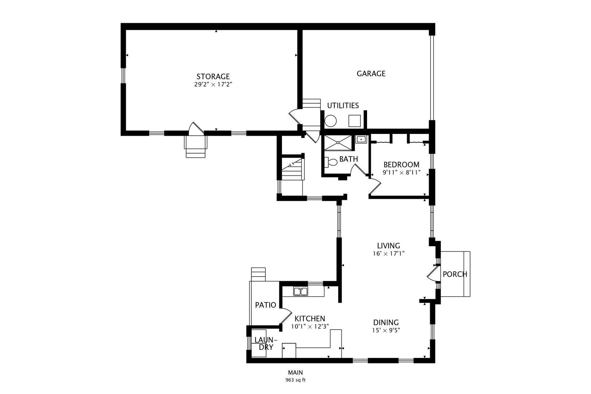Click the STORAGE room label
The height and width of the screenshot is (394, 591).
[213, 77]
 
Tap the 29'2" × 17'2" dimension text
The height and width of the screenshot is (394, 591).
[213, 85]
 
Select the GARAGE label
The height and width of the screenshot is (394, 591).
[371, 74]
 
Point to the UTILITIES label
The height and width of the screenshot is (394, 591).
[343, 106]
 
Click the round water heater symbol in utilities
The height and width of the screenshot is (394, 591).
[331, 121]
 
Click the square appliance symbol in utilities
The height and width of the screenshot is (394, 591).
[354, 120]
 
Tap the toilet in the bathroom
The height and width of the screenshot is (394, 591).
[331, 162]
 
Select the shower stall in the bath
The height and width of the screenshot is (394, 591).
[338, 143]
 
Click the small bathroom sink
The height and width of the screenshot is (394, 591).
[361, 139]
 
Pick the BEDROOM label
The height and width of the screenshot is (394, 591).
[401, 165]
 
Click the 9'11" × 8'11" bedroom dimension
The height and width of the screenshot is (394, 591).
[401, 173]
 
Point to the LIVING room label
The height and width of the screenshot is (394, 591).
[389, 246]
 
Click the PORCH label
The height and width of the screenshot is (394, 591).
[455, 274]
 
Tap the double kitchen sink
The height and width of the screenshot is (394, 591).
[300, 291]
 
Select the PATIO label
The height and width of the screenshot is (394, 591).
[265, 305]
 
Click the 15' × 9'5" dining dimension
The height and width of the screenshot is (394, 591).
[386, 331]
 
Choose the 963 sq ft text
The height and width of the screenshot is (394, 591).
[295, 380]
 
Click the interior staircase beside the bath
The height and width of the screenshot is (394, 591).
[293, 169]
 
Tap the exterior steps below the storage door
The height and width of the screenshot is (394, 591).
[196, 148]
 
